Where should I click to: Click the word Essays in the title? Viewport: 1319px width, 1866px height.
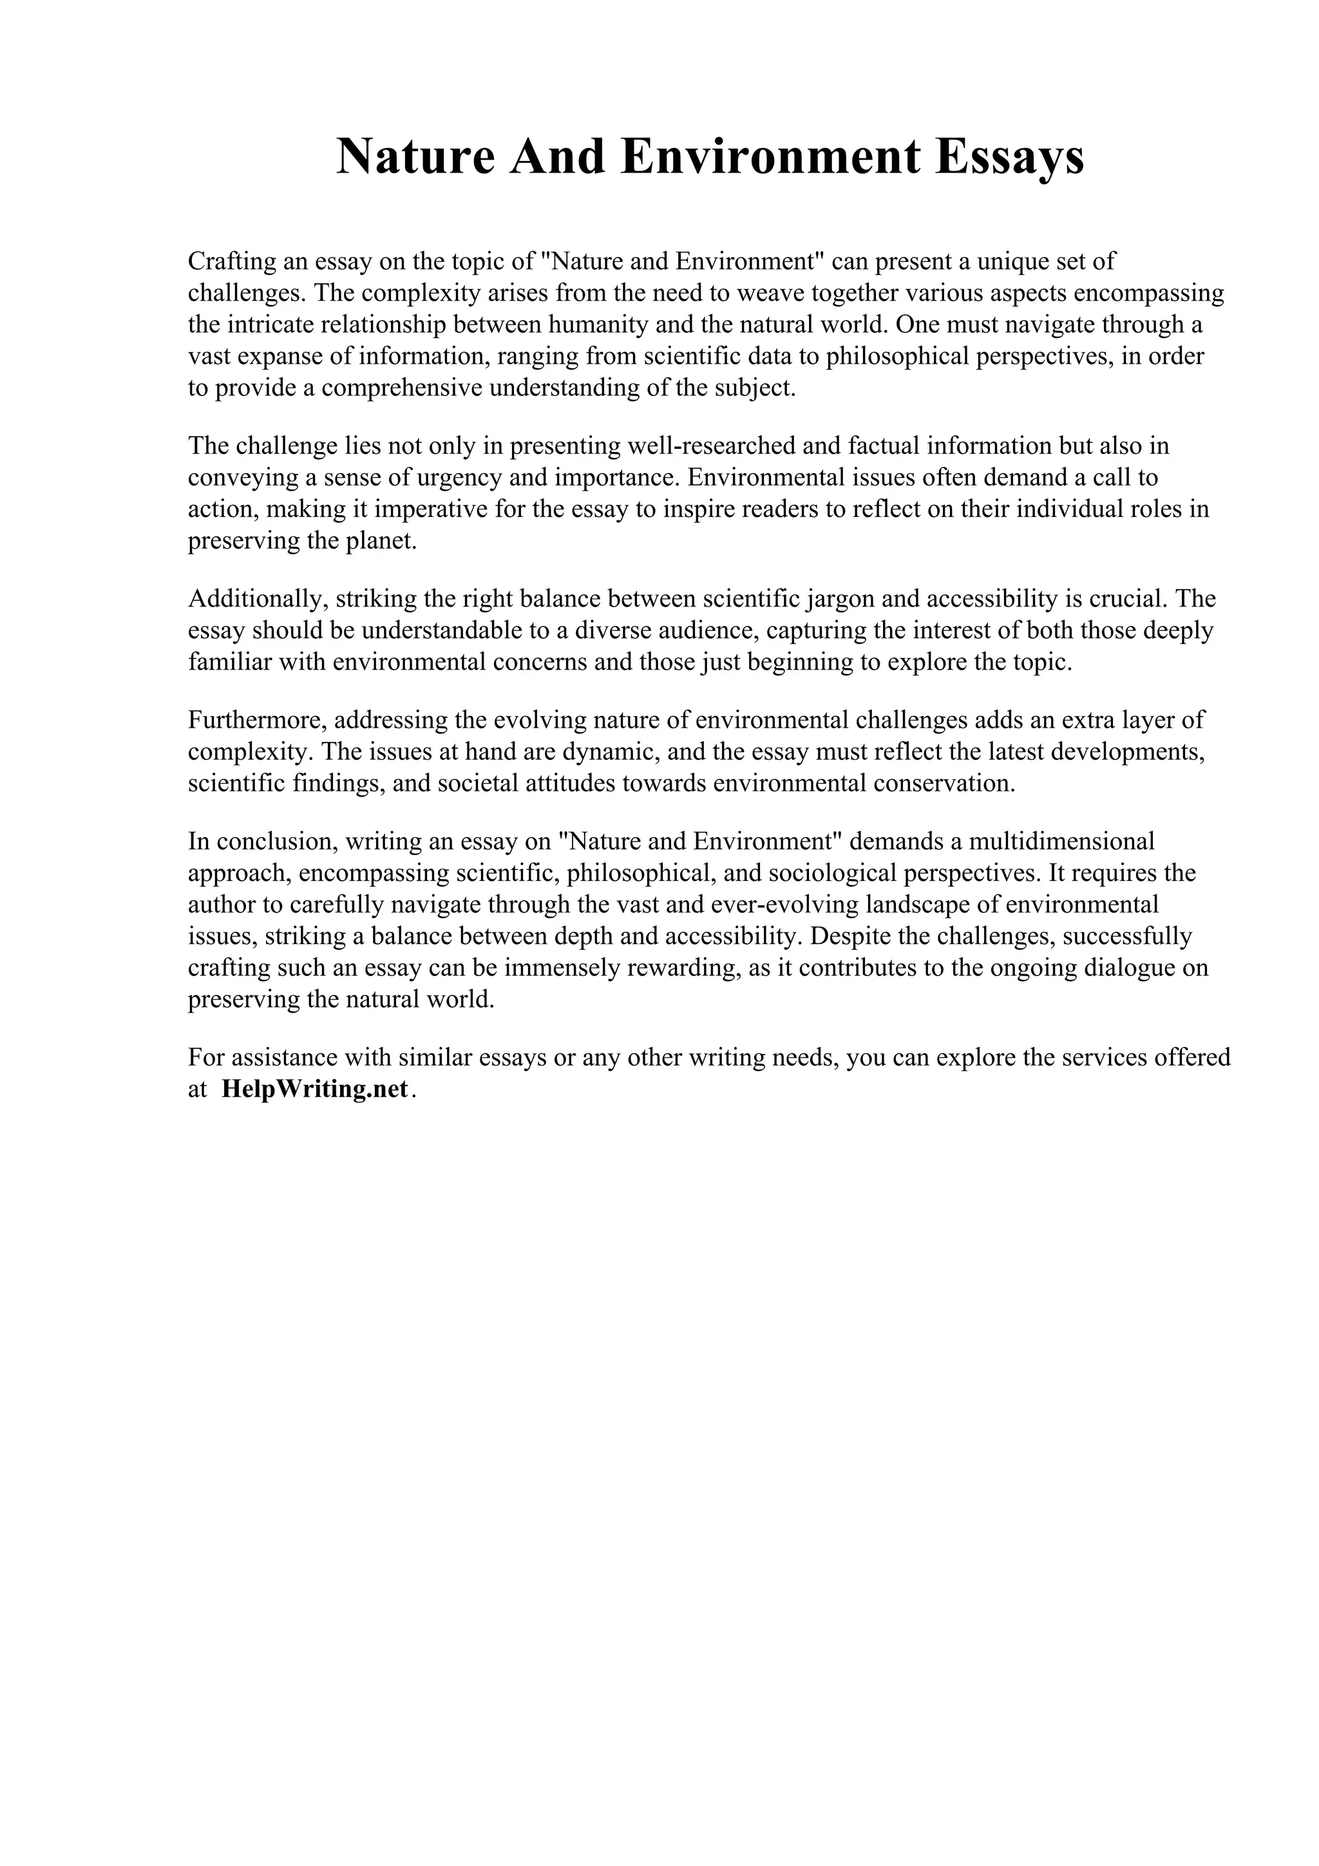click(1009, 157)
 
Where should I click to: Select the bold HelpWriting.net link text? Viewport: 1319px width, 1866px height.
click(314, 1089)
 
